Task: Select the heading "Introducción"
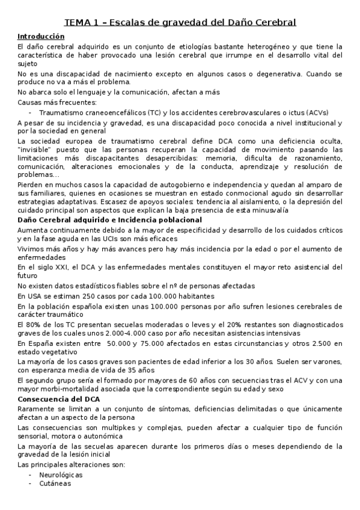[x=41, y=37]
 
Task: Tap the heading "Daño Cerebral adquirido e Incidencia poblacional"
[x=109, y=220]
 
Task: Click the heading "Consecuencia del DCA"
[x=59, y=399]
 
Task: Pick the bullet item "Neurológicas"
[x=61, y=475]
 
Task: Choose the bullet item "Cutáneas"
[x=55, y=484]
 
